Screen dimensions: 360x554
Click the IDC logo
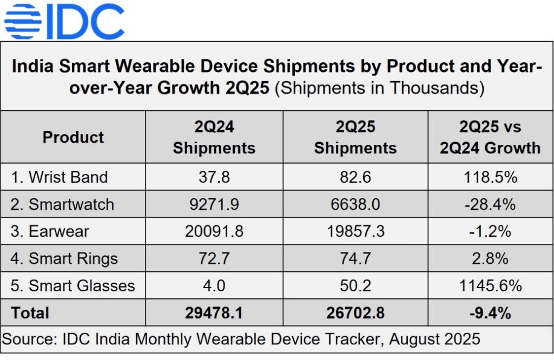[x=64, y=21]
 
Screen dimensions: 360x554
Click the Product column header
[x=73, y=137]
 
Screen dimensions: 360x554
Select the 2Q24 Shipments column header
[x=214, y=137]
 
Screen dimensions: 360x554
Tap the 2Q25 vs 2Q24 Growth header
[x=490, y=137]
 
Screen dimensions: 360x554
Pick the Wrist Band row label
[x=60, y=177]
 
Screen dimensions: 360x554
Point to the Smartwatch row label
[x=63, y=204]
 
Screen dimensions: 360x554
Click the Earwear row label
[x=50, y=231]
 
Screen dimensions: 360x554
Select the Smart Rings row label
[x=64, y=258]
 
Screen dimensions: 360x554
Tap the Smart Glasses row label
[x=73, y=285]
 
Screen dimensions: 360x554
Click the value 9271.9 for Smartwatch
[x=214, y=204]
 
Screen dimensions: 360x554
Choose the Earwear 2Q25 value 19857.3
[x=355, y=231]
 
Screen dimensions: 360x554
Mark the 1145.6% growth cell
[x=490, y=285]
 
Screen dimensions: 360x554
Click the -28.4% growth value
[x=490, y=204]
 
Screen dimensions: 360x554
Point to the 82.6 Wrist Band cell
[x=355, y=177]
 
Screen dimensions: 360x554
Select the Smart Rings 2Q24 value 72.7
[x=214, y=258]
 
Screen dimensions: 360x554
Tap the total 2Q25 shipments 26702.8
[x=355, y=312]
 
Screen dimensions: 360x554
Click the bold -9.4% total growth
[x=490, y=312]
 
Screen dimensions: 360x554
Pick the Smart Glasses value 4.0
[x=214, y=285]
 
